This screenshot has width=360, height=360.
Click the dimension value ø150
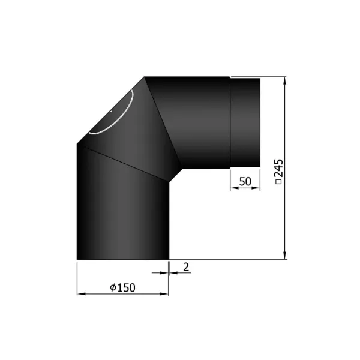click(123, 287)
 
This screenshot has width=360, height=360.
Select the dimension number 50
click(245, 181)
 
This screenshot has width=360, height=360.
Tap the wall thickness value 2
click(186, 268)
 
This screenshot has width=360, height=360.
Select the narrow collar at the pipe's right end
click(245, 122)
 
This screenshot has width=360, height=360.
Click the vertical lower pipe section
click(123, 216)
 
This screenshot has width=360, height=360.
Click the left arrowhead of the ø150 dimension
click(80, 294)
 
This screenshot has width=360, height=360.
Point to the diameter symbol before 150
click(113, 287)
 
